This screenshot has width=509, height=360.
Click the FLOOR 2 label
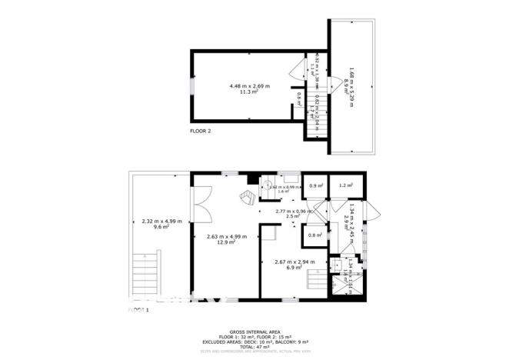tap(201, 132)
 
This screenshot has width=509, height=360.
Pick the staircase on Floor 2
tap(316, 119)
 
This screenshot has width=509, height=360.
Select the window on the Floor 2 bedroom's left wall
tap(193, 86)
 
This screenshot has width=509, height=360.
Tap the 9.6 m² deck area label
tap(161, 228)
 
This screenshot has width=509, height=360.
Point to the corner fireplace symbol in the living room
tap(248, 198)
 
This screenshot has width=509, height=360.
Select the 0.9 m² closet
tap(314, 185)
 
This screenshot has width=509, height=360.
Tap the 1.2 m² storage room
tap(345, 185)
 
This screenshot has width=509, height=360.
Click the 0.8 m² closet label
tap(314, 235)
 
